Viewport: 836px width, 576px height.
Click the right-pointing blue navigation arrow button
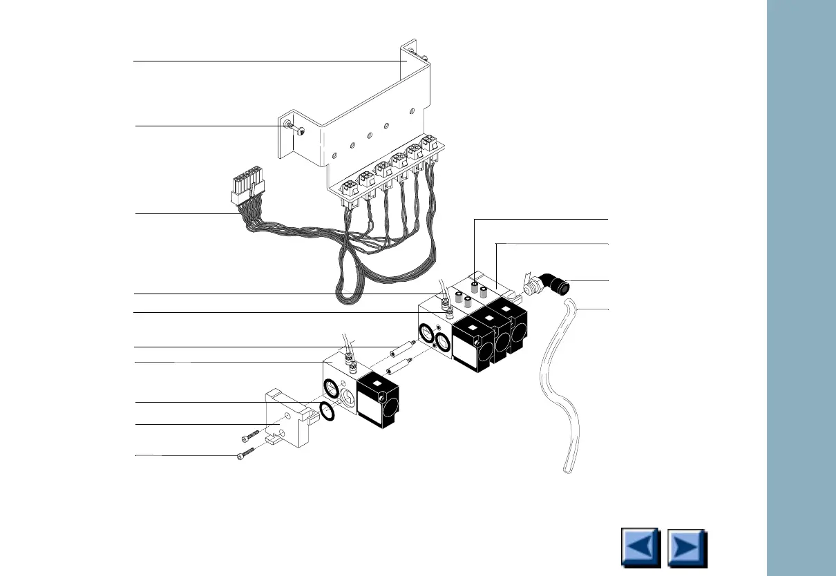tap(687, 548)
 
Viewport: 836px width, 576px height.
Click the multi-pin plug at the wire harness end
tap(248, 186)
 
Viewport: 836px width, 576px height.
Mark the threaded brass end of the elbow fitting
tap(530, 286)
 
